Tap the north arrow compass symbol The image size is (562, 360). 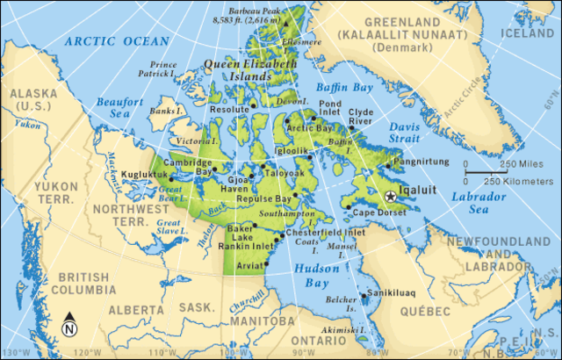[69, 327]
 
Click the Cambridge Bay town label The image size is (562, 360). [191, 168]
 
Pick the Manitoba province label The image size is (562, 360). [252, 321]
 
